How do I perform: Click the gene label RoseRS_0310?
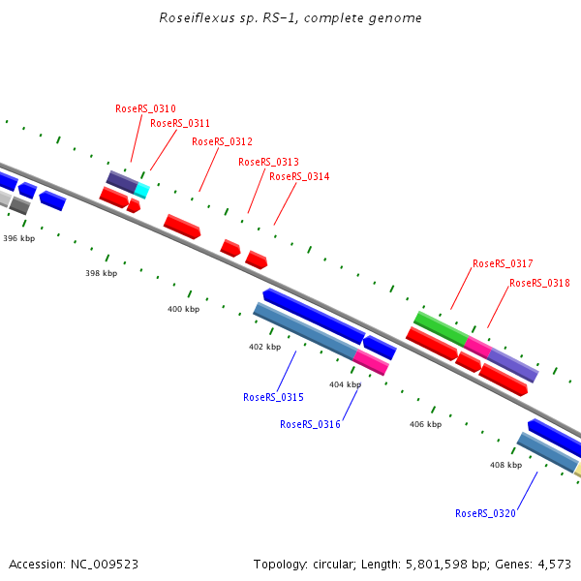pos(145,108)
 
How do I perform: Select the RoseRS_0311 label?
pos(180,123)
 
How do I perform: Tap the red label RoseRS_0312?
pos(222,141)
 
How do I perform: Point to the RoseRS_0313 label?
pos(268,162)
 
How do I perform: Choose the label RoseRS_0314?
pos(299,176)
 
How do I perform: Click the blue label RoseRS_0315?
pos(273,397)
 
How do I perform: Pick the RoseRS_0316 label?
pos(310,424)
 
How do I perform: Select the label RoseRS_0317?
pos(503,263)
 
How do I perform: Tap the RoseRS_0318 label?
pos(539,283)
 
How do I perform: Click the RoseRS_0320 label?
pos(485,513)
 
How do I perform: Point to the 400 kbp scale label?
pos(183,309)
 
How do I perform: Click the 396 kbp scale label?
pos(18,237)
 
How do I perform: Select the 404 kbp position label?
pos(345,384)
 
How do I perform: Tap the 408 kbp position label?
pos(505,465)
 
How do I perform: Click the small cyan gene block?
pos(142,190)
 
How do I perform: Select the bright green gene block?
pos(441,327)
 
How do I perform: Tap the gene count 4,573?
pos(555,564)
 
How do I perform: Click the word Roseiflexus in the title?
pos(191,17)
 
